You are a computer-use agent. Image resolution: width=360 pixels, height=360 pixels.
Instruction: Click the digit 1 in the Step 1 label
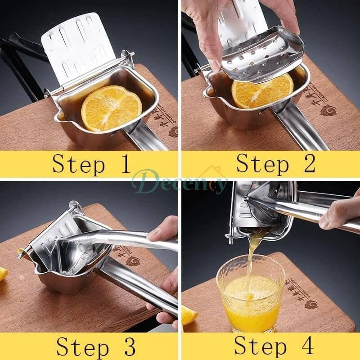tap(124, 164)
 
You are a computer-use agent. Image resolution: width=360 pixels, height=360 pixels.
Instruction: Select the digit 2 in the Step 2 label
tap(308, 164)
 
